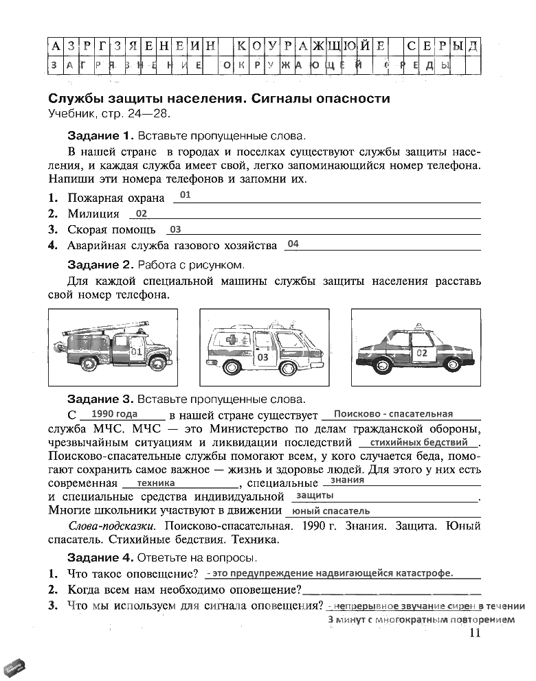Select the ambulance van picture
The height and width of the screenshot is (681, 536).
coord(264,348)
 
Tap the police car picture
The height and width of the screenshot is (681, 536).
coord(414,348)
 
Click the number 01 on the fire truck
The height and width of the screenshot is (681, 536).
coord(135,352)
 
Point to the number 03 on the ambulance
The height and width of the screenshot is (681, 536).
coord(263,358)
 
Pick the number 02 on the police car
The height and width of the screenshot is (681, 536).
coord(422,353)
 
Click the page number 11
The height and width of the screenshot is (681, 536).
coord(473,633)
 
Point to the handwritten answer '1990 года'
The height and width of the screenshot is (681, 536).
coord(114,414)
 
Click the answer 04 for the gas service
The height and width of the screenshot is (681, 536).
coord(293,244)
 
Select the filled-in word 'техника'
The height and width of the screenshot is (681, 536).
coord(156,483)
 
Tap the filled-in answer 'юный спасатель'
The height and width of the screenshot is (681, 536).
coord(331,511)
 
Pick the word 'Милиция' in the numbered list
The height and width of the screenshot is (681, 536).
coord(93,213)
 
